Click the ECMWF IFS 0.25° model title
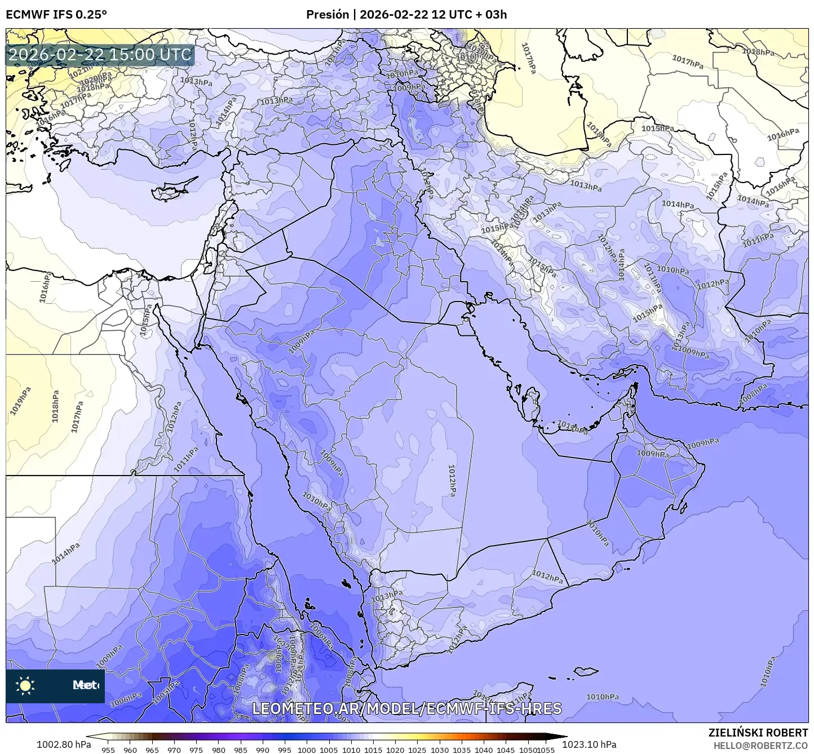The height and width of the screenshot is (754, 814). (56, 14)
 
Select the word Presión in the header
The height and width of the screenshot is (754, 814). (328, 14)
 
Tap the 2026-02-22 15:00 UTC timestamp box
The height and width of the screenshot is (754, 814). (100, 55)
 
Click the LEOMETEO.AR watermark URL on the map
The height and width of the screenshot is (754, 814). (406, 708)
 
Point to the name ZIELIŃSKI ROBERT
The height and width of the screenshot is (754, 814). (758, 732)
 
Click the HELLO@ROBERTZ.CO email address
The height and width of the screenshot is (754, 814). (760, 745)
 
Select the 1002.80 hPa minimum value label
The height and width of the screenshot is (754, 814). (59, 744)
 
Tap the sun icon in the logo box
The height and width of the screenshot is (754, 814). (25, 685)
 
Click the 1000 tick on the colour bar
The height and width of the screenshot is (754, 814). (307, 749)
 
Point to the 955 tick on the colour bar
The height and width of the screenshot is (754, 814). (108, 749)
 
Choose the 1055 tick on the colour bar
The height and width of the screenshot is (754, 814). (546, 749)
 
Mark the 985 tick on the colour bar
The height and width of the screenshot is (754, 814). (241, 749)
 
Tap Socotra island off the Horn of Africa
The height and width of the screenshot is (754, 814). (586, 671)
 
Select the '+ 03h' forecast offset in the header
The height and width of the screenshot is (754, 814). (492, 14)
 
